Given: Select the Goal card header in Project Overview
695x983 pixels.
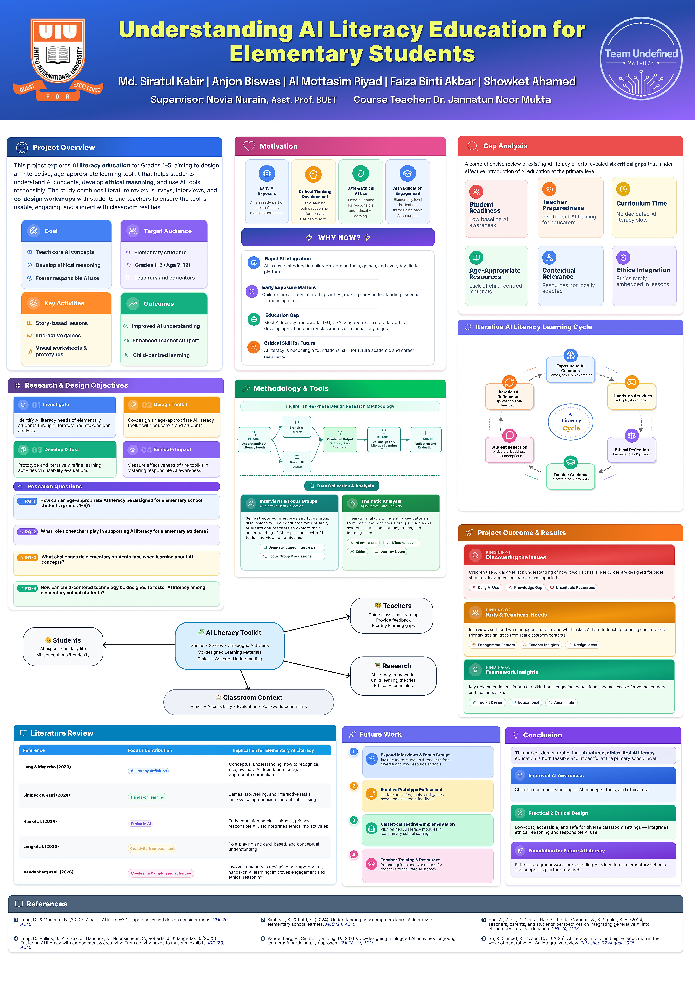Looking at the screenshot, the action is [x=66, y=231].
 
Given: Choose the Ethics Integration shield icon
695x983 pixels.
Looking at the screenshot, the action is [x=623, y=257].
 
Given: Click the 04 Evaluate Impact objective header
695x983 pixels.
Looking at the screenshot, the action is [x=171, y=450].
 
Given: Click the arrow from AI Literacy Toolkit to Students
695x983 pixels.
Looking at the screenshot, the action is [x=139, y=645].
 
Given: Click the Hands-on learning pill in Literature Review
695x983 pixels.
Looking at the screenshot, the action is [x=147, y=797].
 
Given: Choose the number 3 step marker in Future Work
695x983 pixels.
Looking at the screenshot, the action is [x=354, y=820].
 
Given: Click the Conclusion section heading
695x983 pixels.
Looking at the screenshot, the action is [x=542, y=735].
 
